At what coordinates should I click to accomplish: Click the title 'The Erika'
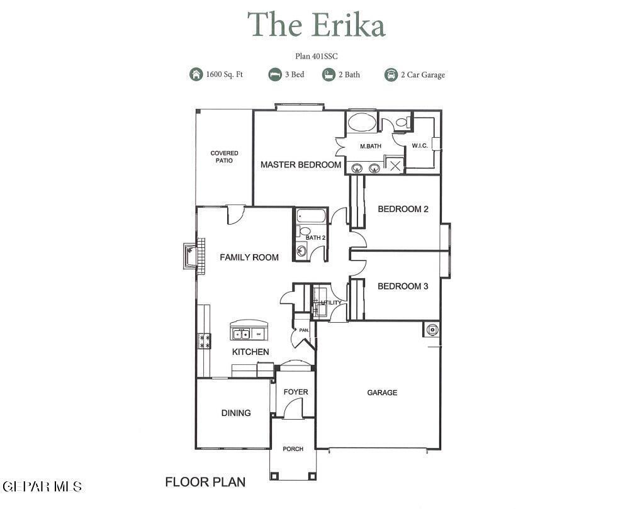pyautogui.click(x=316, y=24)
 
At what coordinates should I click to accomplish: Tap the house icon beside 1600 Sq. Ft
pyautogui.click(x=196, y=74)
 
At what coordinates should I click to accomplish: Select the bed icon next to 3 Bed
pyautogui.click(x=275, y=74)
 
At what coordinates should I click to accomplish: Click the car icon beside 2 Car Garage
pyautogui.click(x=391, y=74)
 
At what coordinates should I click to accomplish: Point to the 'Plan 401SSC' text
pyautogui.click(x=317, y=57)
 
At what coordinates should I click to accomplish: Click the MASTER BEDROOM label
pyautogui.click(x=301, y=165)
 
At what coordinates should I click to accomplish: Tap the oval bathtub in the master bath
pyautogui.click(x=362, y=121)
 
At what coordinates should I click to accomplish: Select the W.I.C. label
pyautogui.click(x=420, y=146)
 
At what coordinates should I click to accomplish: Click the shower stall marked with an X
pyautogui.click(x=395, y=165)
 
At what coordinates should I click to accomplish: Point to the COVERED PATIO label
pyautogui.click(x=224, y=157)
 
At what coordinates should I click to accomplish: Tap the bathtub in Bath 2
pyautogui.click(x=311, y=216)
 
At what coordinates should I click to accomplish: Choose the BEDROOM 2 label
pyautogui.click(x=403, y=209)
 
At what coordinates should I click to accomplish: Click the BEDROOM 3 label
pyautogui.click(x=403, y=286)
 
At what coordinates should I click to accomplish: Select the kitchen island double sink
pyautogui.click(x=241, y=334)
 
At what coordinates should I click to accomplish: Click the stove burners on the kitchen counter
pyautogui.click(x=205, y=341)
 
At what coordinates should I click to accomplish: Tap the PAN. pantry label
pyautogui.click(x=304, y=330)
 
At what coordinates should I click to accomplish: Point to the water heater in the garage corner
pyautogui.click(x=432, y=329)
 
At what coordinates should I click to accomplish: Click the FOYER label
pyautogui.click(x=296, y=392)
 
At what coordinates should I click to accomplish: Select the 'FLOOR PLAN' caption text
pyautogui.click(x=205, y=482)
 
